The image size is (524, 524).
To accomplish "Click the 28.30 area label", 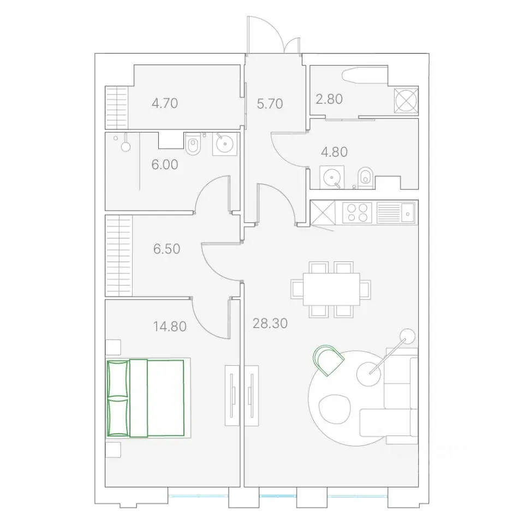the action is point(270,324).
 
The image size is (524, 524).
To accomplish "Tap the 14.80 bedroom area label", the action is point(170,326).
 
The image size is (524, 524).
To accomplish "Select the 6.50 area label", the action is point(167,249).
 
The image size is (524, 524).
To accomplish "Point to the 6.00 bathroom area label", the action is point(165,164).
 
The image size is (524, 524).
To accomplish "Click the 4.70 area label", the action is point(165,103).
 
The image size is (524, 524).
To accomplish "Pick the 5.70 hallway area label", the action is point(270,104).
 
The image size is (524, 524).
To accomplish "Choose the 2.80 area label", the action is point(329,99).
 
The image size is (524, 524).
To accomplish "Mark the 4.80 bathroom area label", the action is point(334,152).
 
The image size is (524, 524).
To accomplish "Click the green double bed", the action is point(146,398).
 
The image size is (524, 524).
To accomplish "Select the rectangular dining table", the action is point(331,289).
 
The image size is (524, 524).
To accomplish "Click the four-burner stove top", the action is point(357,213).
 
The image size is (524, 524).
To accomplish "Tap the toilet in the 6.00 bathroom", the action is point(193,144).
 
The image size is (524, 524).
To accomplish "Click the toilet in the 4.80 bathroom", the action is point(365,178).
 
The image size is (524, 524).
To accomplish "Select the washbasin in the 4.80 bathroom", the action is point(332,177).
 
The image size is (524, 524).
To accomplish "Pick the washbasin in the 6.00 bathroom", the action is point(225,144).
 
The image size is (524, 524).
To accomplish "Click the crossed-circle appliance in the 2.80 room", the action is point(406,100).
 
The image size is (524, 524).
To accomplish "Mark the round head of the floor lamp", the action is point(407,336).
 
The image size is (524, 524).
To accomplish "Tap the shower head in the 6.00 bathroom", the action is point(126,146).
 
